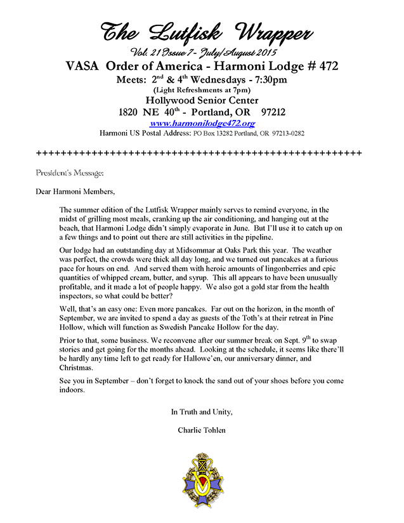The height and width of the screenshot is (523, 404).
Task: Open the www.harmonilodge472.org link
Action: click(x=202, y=123)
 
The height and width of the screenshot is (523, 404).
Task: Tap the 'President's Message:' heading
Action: click(x=70, y=173)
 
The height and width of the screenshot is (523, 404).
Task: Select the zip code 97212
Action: click(x=273, y=112)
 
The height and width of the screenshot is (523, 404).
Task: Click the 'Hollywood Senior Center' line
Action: click(x=201, y=100)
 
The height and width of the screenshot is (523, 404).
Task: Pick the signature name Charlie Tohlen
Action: click(x=202, y=431)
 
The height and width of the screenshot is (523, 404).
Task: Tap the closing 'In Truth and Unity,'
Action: click(x=202, y=412)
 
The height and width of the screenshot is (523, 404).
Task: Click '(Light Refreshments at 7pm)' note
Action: click(x=201, y=89)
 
